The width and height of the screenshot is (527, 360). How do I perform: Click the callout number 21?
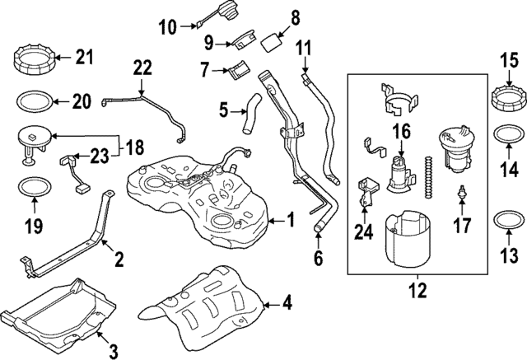86,57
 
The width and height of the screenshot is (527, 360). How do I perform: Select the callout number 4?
286,304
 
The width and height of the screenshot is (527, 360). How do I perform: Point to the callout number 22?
142,68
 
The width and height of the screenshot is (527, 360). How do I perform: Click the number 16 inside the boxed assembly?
401,131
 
